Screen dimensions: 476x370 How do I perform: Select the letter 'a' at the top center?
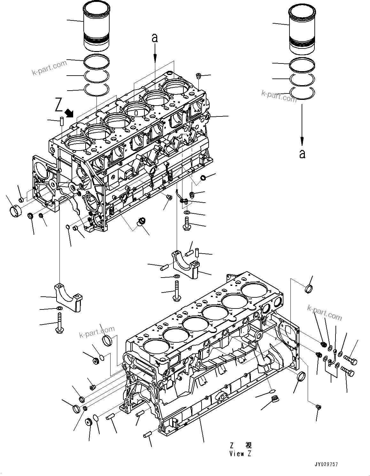pyautogui.click(x=155, y=38)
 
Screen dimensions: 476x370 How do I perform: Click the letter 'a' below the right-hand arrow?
pyautogui.click(x=302, y=153)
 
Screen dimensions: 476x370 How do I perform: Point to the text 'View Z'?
pyautogui.click(x=240, y=454)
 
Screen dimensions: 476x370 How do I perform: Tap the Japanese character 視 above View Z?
pyautogui.click(x=248, y=445)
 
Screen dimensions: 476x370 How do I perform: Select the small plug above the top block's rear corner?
pyautogui.click(x=198, y=76)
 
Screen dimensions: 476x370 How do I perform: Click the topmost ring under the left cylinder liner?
pyautogui.click(x=96, y=60)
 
